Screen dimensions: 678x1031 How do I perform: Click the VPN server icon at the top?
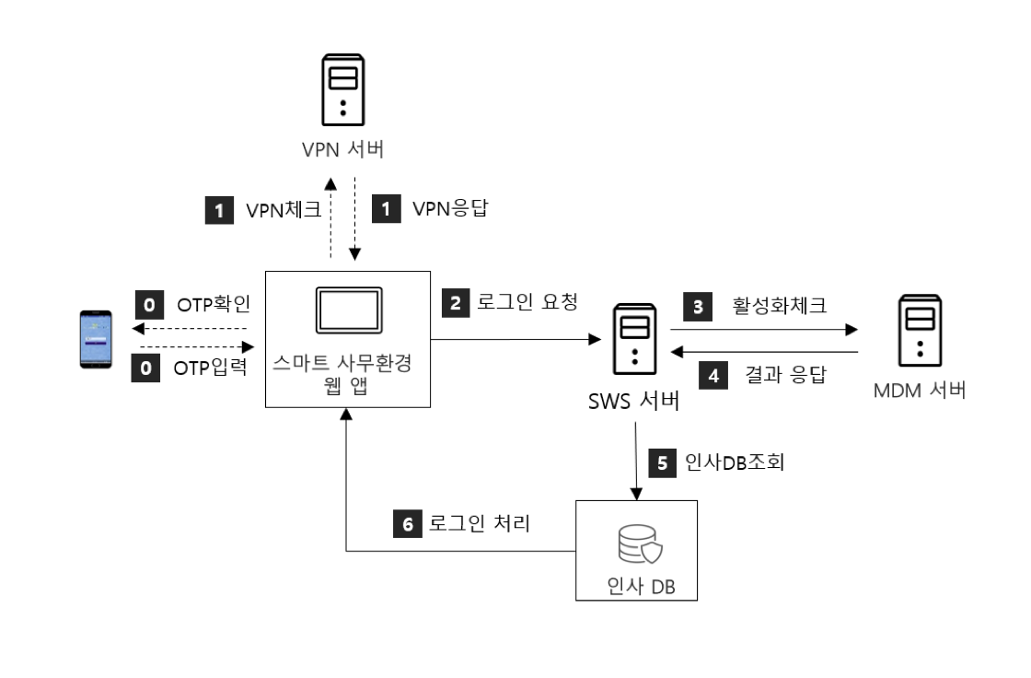click(x=342, y=90)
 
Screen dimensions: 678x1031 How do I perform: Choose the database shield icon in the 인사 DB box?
click(x=636, y=547)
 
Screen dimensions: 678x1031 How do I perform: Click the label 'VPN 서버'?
click(x=342, y=149)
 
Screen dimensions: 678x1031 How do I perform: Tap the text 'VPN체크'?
click(x=283, y=211)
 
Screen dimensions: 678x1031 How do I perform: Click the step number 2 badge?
click(x=454, y=301)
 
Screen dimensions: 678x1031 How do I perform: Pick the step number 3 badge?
click(x=697, y=306)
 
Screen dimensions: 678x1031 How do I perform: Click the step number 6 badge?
click(x=408, y=524)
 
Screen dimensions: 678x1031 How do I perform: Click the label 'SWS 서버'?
click(x=635, y=403)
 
